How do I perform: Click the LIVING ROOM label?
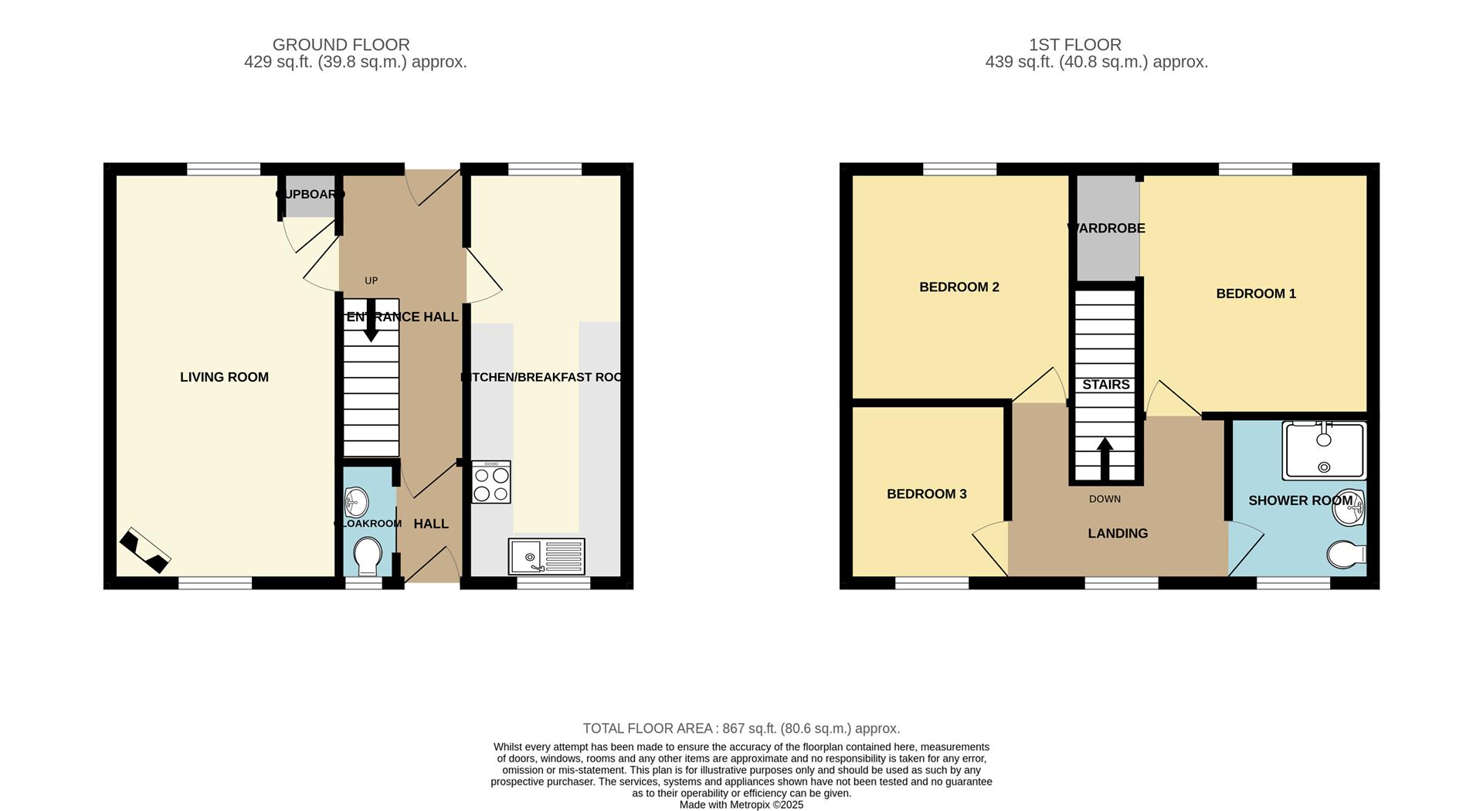(x=224, y=377)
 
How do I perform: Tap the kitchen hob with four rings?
(x=491, y=483)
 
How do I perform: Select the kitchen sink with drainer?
(x=546, y=556)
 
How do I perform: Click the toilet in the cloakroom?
(x=366, y=557)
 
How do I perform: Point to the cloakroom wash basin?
(x=355, y=502)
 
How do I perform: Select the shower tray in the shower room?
(x=1324, y=450)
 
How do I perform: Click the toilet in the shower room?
(x=1346, y=554)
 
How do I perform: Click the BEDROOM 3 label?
(x=926, y=494)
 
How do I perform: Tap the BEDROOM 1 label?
(x=1256, y=294)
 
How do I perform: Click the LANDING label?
(x=1118, y=534)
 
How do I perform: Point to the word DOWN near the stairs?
(x=1105, y=499)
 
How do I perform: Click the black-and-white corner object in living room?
(x=144, y=551)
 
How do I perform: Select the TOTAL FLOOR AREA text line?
(x=741, y=728)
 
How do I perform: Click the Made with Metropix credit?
(x=741, y=805)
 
